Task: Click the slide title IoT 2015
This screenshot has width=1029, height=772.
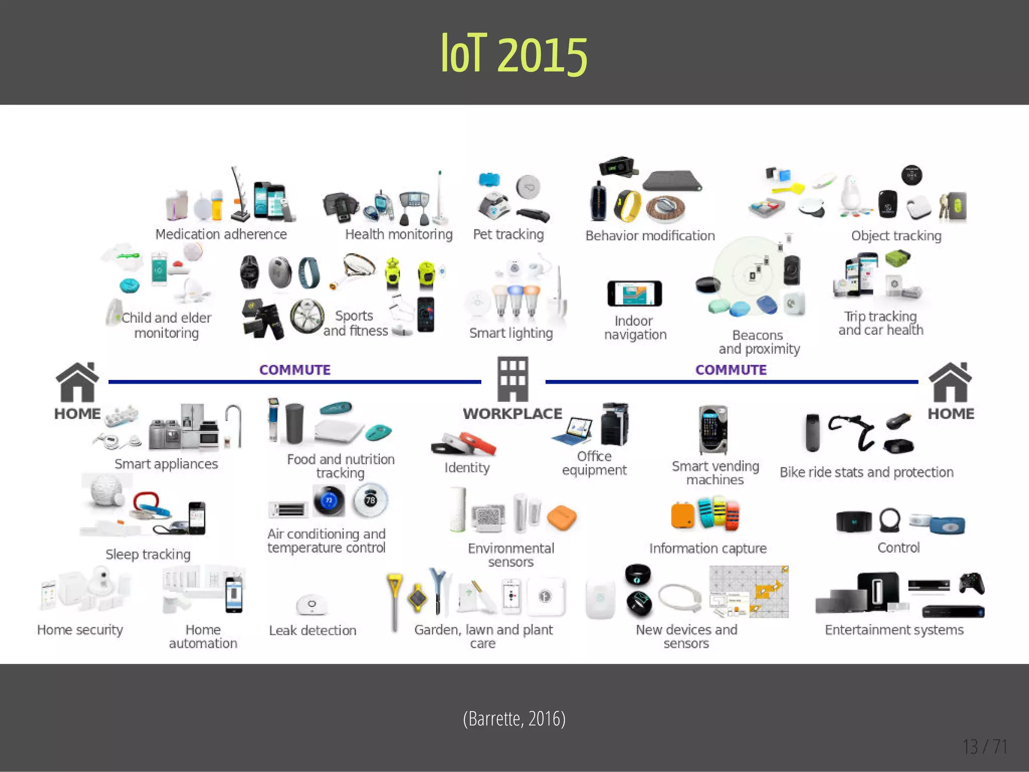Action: (514, 54)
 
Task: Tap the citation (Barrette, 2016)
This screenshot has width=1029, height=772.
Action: (514, 719)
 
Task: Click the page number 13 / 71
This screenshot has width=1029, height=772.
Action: (985, 747)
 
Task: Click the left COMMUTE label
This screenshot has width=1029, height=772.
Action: (295, 370)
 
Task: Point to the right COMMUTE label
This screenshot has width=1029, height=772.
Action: (731, 370)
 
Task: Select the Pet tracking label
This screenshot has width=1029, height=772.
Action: (508, 234)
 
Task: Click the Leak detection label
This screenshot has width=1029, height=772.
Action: (313, 630)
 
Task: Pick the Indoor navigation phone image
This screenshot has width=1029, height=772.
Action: (635, 294)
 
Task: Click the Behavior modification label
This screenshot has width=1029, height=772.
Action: (650, 236)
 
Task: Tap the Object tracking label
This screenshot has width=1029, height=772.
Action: (896, 236)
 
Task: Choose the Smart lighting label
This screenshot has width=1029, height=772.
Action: (511, 333)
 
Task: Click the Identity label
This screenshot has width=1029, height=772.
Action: (467, 467)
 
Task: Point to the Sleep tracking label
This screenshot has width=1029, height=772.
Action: (148, 554)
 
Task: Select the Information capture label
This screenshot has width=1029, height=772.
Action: (708, 548)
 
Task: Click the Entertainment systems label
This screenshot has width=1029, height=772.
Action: (894, 630)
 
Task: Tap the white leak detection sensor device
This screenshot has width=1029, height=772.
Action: (312, 604)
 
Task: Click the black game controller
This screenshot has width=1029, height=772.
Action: (971, 584)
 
